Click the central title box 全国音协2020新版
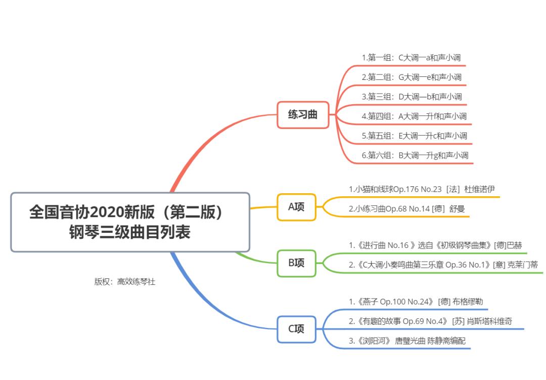click(130, 222)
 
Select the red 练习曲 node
click(303, 114)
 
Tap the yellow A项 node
click(296, 206)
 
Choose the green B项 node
click(296, 263)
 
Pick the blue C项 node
click(296, 329)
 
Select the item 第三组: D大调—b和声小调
click(412, 97)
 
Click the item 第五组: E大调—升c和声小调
click(414, 136)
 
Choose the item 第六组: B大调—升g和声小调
click(415, 155)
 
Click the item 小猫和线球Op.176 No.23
click(394, 189)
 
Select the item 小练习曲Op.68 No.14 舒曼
click(402, 208)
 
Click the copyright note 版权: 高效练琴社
click(124, 282)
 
